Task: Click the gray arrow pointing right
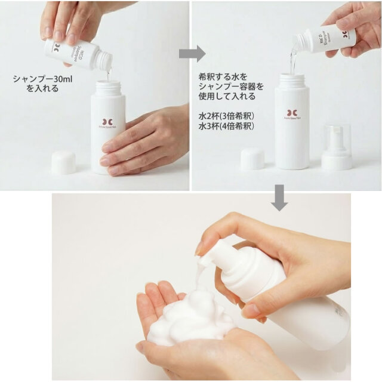tap(192, 53)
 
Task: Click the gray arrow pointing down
tap(279, 197)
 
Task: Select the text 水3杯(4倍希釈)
tap(226, 127)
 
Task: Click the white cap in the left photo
tap(63, 162)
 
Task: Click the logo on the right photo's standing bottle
tap(292, 113)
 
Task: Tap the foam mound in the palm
tap(190, 316)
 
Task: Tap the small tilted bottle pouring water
tap(325, 38)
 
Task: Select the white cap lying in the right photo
tap(252, 159)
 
